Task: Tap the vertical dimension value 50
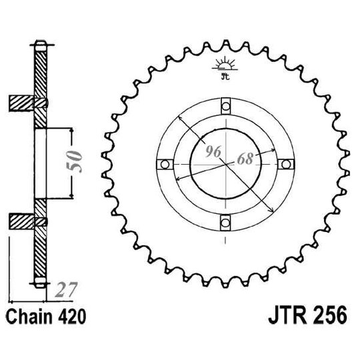point(77,161)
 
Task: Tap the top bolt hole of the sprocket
point(225,104)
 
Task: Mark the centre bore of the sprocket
point(225,164)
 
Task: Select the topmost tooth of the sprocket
point(225,41)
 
